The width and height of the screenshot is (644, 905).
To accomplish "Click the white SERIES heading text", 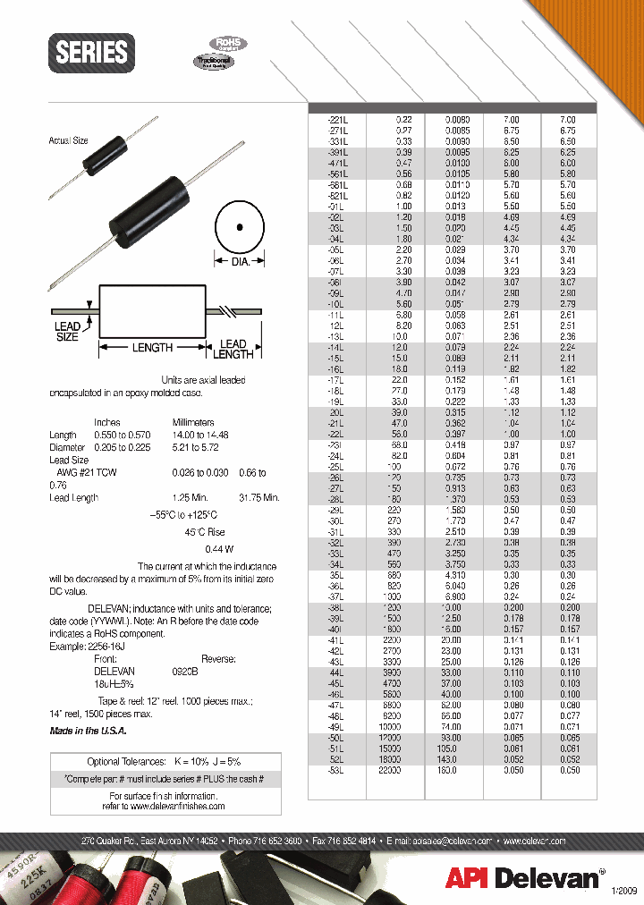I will pos(91,52).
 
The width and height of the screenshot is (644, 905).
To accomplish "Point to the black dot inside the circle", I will pos(239,226).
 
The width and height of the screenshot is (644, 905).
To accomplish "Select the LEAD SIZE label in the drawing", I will pos(67,332).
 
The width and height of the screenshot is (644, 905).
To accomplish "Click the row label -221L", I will pos(341,120).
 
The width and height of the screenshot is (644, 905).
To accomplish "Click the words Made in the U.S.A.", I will pos(88,731).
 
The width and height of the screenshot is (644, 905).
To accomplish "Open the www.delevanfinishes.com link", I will pos(166,806).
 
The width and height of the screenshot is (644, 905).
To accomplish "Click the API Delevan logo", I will pos(523,878).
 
